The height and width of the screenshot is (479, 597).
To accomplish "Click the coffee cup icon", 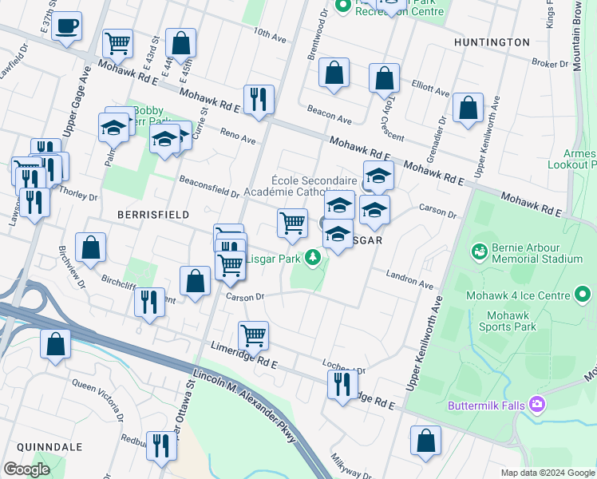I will click(x=68, y=26).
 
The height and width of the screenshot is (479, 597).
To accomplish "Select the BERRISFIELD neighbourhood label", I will click(x=152, y=215).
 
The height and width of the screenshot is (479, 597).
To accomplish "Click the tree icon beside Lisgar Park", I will click(x=314, y=258).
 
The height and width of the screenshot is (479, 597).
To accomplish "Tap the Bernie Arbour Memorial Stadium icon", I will click(x=480, y=252).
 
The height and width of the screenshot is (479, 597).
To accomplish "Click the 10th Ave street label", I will click(x=270, y=37).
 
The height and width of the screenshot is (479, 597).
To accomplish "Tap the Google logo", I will click(x=26, y=469).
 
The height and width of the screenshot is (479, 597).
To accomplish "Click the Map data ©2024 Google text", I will click(x=547, y=473).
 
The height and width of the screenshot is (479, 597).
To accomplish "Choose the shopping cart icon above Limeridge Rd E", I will click(x=254, y=336).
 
